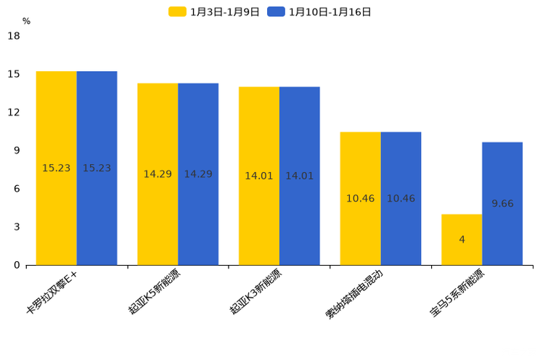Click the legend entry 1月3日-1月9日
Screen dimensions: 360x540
point(214,12)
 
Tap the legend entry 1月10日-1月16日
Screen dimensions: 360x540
point(319,12)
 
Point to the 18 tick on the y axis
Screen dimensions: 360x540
point(14,36)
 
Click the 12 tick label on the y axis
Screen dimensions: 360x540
point(14,112)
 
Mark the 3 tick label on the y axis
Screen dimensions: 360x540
point(17,227)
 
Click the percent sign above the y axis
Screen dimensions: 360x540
point(26,21)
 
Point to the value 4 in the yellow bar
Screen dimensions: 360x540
point(462,240)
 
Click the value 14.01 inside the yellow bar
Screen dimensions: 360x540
point(259,176)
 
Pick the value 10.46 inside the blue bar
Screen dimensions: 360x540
point(401,198)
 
